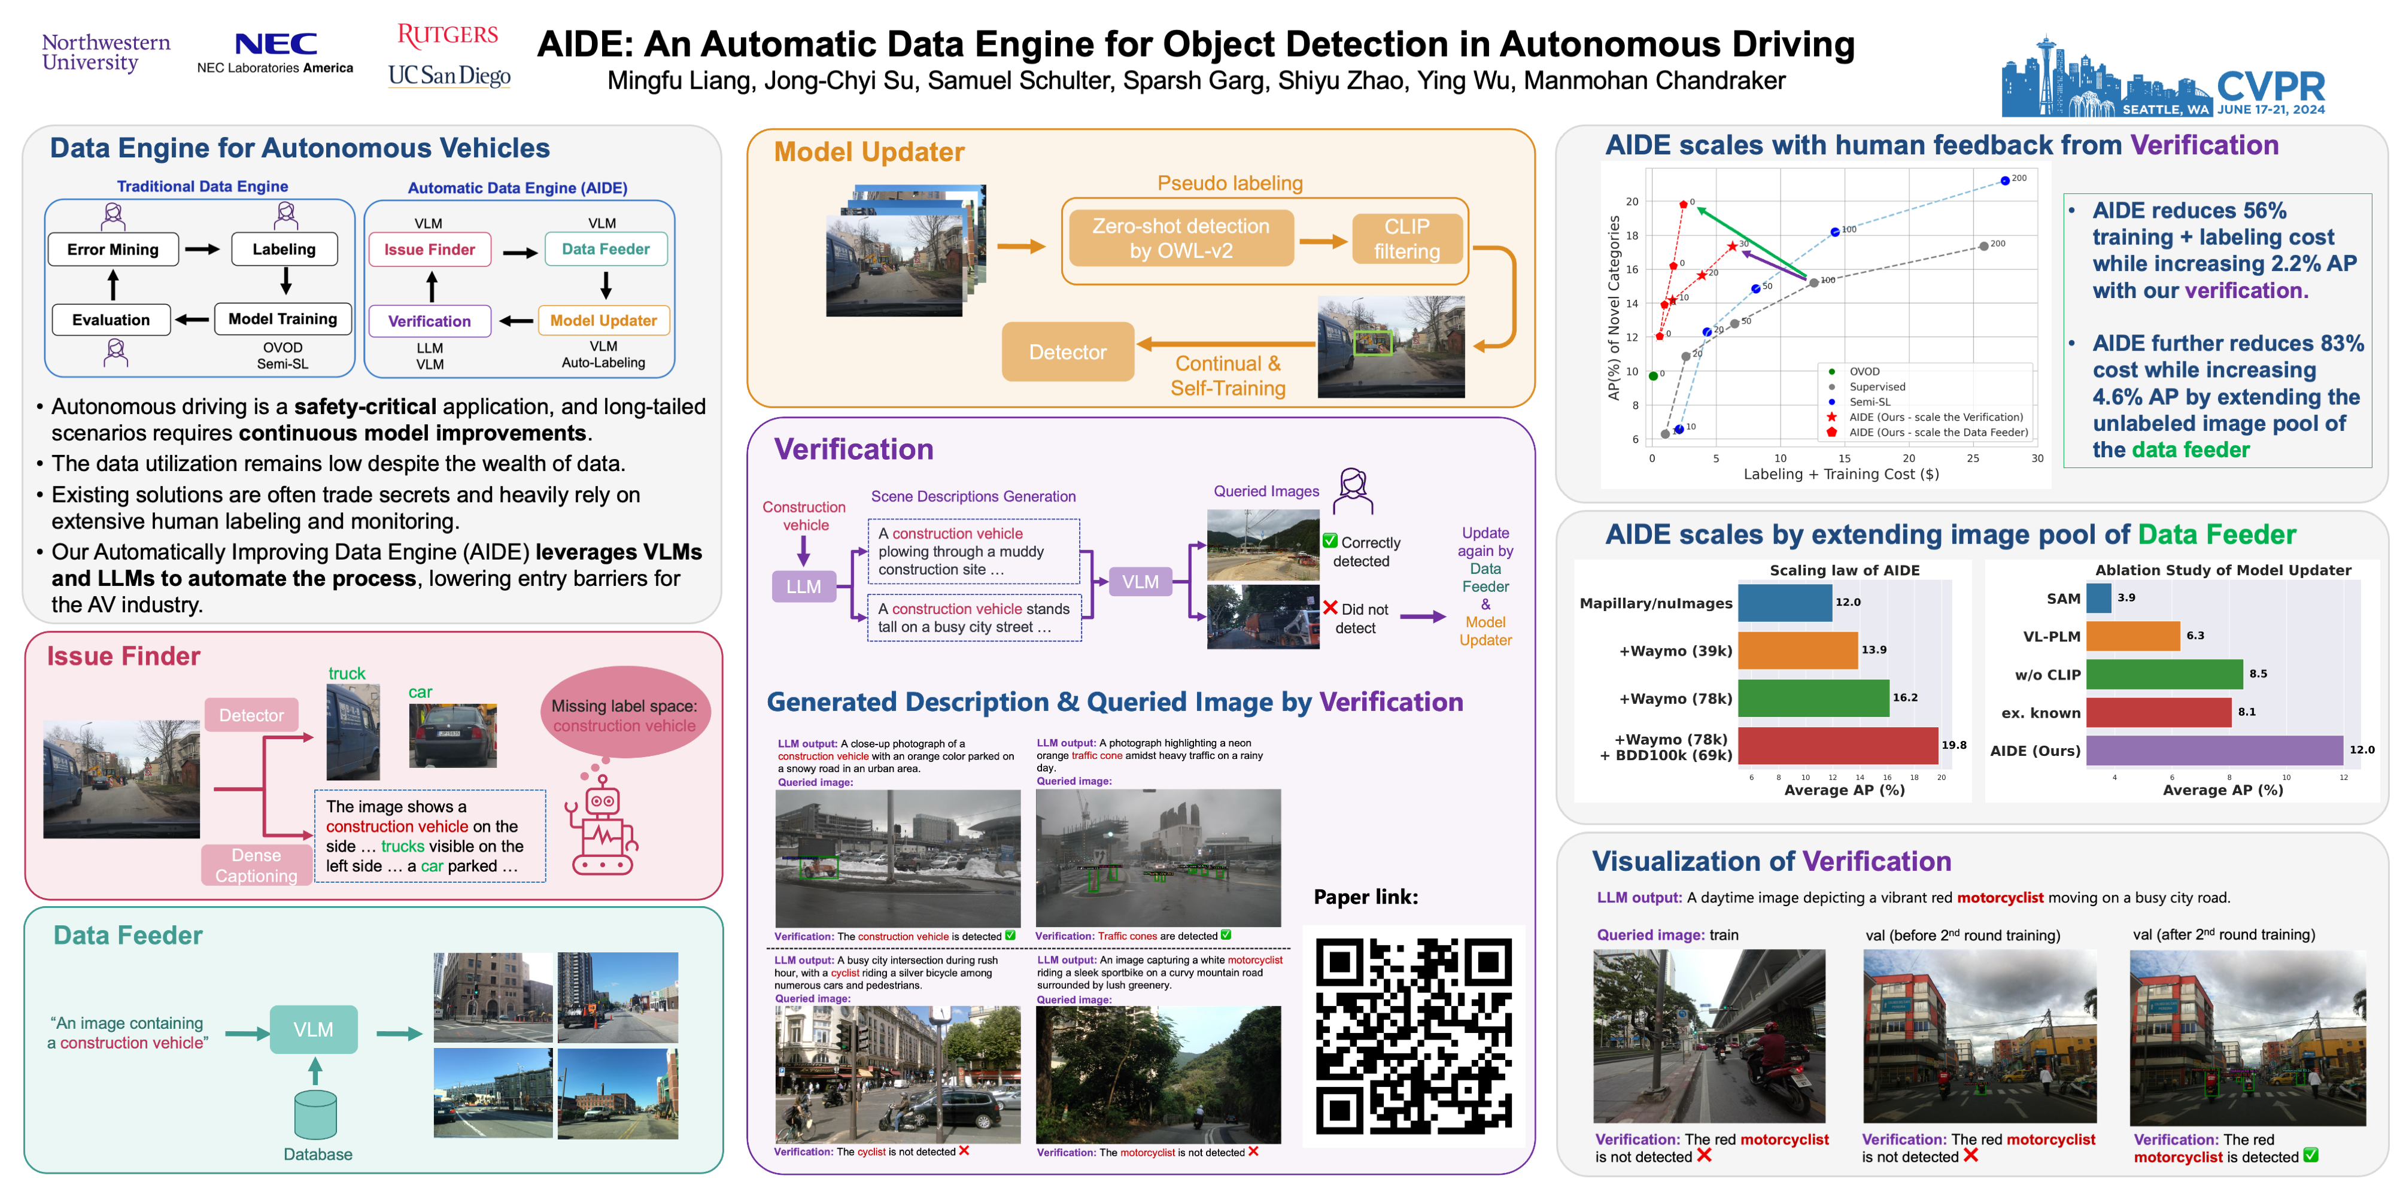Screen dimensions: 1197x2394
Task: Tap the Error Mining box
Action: [113, 249]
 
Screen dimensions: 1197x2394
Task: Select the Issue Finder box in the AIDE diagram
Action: [429, 249]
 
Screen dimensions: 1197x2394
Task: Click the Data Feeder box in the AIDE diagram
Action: [605, 249]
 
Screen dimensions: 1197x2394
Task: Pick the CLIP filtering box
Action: [1406, 239]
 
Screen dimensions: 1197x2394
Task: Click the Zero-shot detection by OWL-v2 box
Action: [1180, 239]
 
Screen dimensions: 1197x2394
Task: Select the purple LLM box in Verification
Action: [803, 587]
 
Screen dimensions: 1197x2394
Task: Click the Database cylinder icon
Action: [315, 1114]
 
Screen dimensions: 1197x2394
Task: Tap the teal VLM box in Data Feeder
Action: [313, 1029]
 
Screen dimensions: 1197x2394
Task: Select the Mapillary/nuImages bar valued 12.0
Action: [1784, 602]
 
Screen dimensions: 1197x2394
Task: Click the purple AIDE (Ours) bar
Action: [2214, 750]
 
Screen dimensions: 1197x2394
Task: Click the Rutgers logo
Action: [448, 35]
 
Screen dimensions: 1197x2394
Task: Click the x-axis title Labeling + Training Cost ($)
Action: [1840, 474]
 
